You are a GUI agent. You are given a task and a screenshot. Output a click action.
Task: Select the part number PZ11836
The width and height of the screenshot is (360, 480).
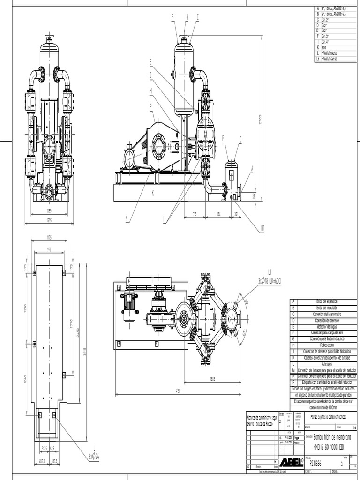(x=314, y=463)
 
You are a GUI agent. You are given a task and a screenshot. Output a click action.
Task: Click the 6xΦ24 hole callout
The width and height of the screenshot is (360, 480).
(x=94, y=455)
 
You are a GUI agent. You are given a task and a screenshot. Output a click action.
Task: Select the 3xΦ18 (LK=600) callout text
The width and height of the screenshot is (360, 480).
(x=270, y=280)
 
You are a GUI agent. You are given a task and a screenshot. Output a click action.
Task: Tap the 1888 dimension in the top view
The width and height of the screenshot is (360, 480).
(x=212, y=379)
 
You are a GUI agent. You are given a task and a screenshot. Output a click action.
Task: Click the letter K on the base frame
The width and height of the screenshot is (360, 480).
(x=153, y=192)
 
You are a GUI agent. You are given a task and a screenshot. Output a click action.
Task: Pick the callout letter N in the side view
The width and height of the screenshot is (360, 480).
(x=127, y=217)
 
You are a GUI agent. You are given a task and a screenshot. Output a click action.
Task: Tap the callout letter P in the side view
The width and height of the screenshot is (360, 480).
(x=150, y=106)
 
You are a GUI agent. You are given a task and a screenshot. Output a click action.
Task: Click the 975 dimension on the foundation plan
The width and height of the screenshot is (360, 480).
(x=49, y=249)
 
